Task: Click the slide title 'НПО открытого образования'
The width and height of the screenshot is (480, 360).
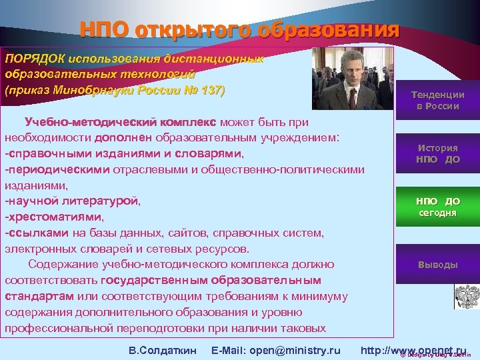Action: click(239, 30)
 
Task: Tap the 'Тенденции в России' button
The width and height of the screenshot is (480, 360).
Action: click(437, 100)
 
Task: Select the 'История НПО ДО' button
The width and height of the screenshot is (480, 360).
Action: click(437, 154)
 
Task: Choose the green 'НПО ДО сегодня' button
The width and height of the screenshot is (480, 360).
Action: click(437, 207)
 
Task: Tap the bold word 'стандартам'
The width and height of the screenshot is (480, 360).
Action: click(39, 295)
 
